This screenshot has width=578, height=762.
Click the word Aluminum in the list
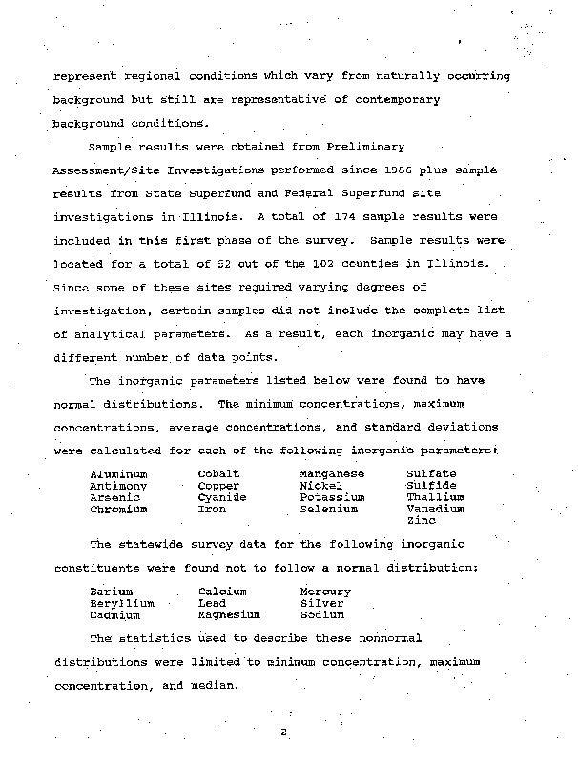118,473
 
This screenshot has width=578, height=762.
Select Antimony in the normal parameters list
118,486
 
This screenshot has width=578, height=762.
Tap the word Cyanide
221,497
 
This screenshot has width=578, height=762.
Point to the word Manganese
332,473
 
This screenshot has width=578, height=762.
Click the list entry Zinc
422,521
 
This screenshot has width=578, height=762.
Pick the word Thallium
435,497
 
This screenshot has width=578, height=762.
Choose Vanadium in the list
435,510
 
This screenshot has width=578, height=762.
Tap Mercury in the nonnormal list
325,592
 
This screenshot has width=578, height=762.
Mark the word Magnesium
230,615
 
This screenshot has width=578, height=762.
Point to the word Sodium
321,615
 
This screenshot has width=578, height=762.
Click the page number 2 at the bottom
283,732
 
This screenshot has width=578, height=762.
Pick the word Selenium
328,510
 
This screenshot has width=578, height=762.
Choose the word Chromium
118,510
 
